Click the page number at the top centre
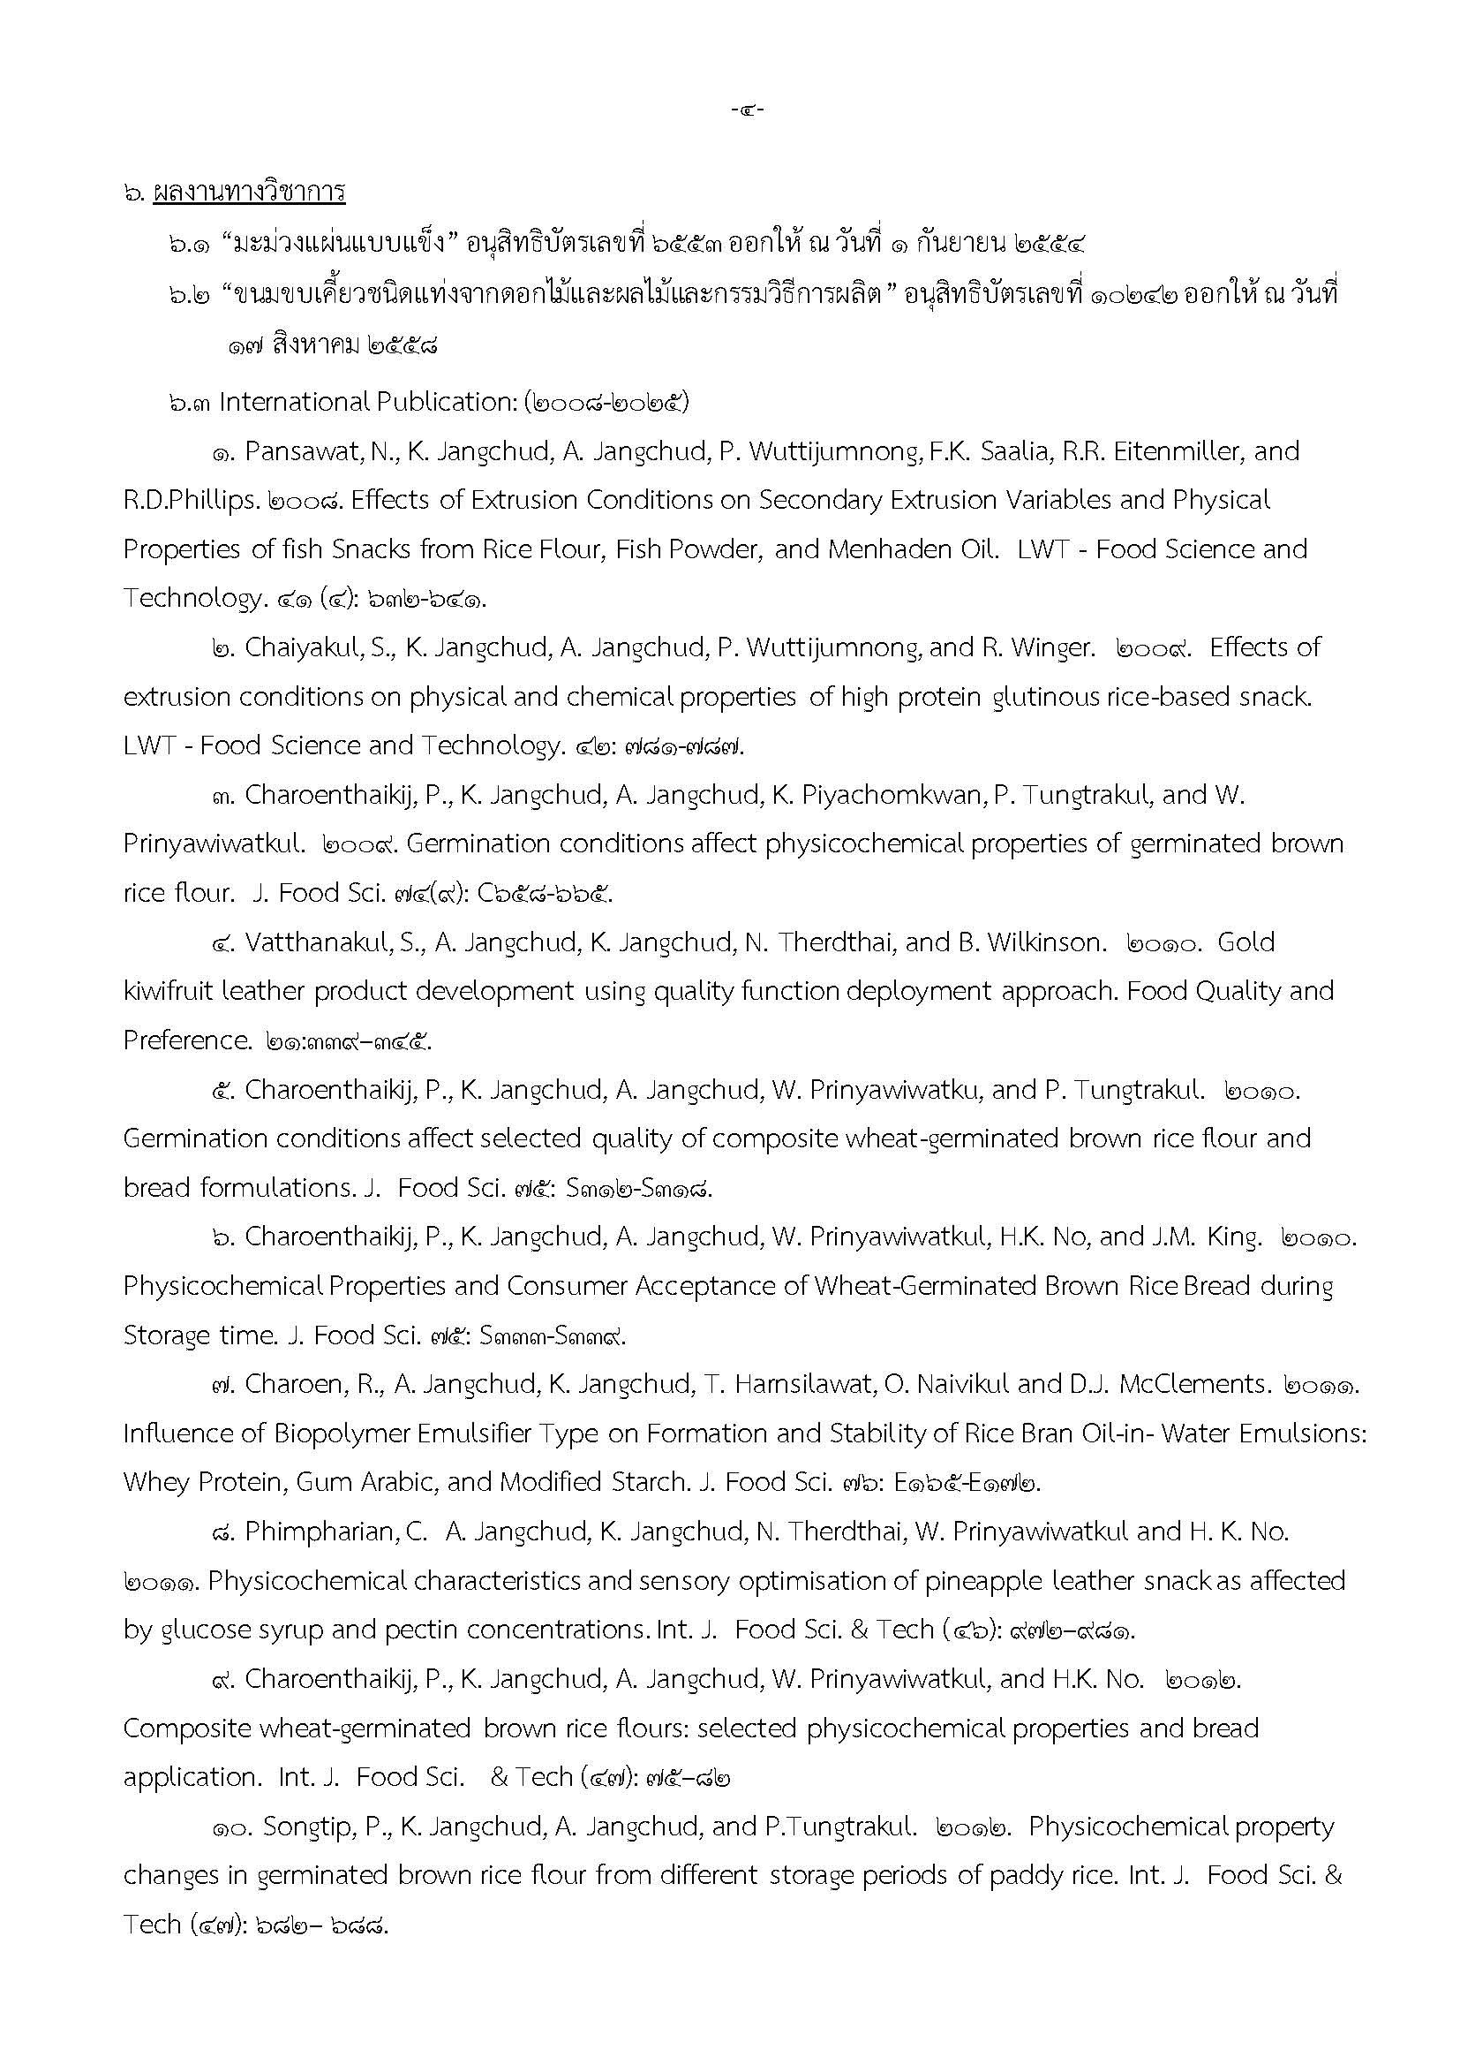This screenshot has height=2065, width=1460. (746, 110)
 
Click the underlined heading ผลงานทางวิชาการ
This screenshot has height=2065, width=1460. (249, 193)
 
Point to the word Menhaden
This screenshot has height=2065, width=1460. (904, 548)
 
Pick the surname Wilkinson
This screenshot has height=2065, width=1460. (1043, 942)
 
